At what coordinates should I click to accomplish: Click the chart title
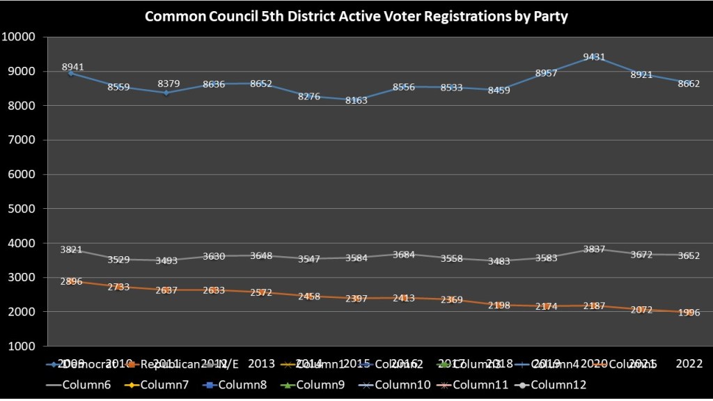356,17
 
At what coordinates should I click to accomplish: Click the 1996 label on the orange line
688,313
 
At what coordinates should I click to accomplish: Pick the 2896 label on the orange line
72,282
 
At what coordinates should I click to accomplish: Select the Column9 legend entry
324,384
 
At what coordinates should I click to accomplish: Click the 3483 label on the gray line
499,262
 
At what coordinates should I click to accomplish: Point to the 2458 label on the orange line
309,297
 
